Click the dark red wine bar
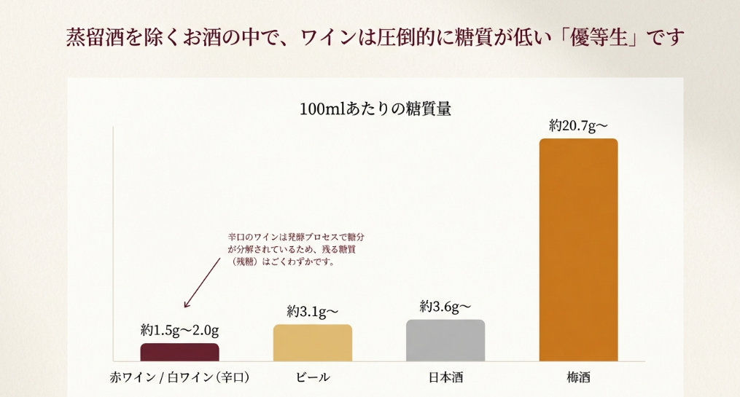click(180, 352)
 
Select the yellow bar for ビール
click(313, 342)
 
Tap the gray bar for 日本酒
click(445, 340)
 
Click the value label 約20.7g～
click(578, 126)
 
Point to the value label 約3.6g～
click(445, 307)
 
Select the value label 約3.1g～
click(313, 312)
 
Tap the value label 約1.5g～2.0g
click(180, 330)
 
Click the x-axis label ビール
click(313, 377)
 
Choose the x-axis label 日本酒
click(445, 377)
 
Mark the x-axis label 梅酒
click(578, 377)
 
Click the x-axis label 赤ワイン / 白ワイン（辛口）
click(180, 377)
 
